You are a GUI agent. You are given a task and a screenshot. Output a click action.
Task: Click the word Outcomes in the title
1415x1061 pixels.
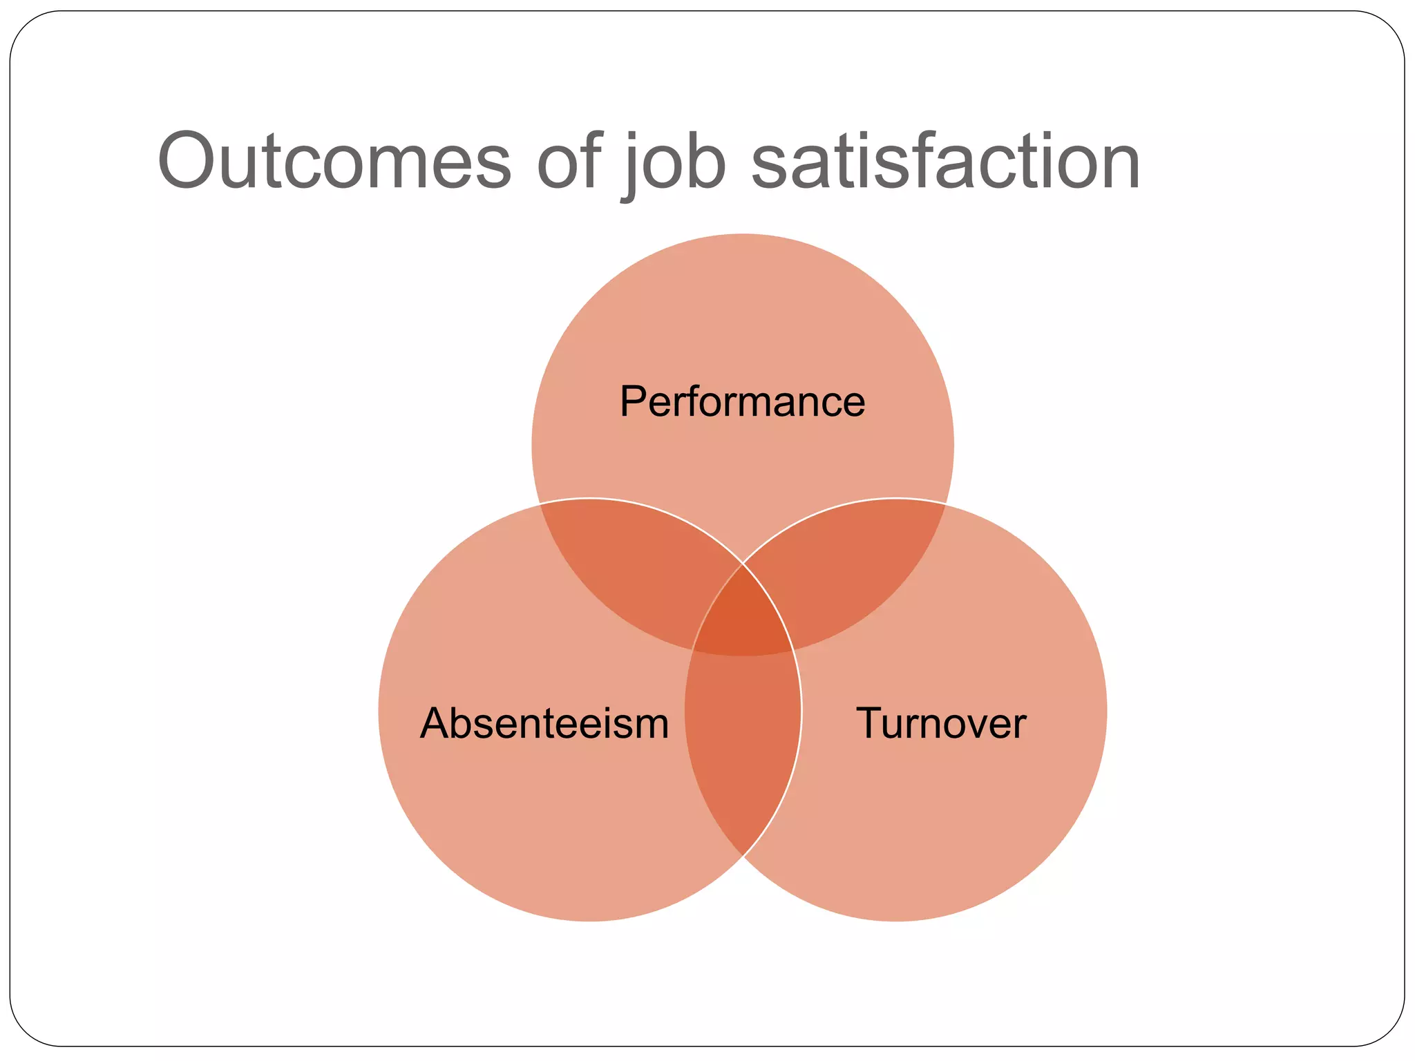point(334,161)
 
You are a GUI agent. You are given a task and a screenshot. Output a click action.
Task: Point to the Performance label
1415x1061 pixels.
point(742,401)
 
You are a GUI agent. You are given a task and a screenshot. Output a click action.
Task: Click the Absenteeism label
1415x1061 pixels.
point(544,723)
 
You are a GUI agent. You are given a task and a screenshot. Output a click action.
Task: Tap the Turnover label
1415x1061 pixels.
point(941,723)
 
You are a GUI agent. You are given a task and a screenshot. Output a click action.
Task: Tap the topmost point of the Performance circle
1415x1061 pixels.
point(743,234)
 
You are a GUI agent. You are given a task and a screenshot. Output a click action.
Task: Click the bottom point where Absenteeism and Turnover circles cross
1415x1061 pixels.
point(743,856)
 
